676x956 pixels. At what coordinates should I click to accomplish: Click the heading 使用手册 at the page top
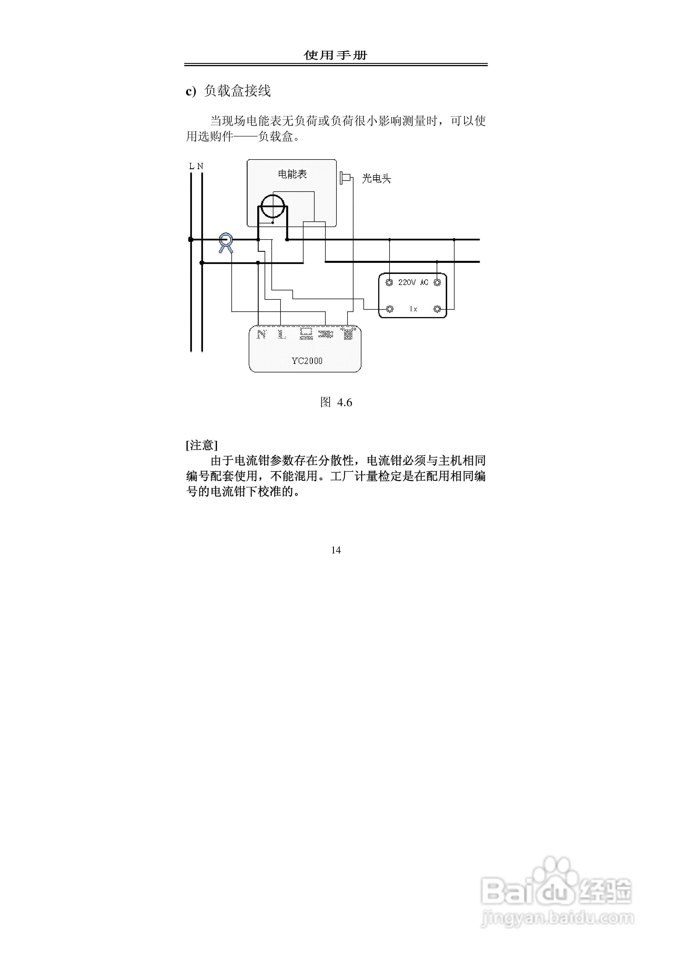click(335, 55)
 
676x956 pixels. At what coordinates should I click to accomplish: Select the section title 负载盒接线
click(237, 91)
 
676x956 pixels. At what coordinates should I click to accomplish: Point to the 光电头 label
click(376, 179)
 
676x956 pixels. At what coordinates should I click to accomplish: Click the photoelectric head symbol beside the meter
click(345, 178)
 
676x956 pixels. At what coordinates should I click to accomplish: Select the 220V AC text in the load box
click(413, 282)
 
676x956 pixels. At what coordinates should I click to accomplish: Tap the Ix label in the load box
click(413, 309)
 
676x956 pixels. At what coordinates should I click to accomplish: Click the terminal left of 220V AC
click(389, 283)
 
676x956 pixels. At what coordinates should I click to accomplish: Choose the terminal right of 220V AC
click(437, 283)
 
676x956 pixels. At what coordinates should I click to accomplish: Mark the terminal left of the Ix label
click(390, 309)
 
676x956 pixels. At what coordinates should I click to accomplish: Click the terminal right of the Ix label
click(437, 309)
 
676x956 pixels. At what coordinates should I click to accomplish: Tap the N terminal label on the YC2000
click(261, 334)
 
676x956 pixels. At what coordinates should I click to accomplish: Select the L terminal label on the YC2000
click(282, 334)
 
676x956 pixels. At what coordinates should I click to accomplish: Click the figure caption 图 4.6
click(336, 402)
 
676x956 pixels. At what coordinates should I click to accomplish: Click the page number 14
click(336, 550)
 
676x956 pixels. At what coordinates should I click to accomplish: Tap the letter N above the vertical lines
click(200, 166)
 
